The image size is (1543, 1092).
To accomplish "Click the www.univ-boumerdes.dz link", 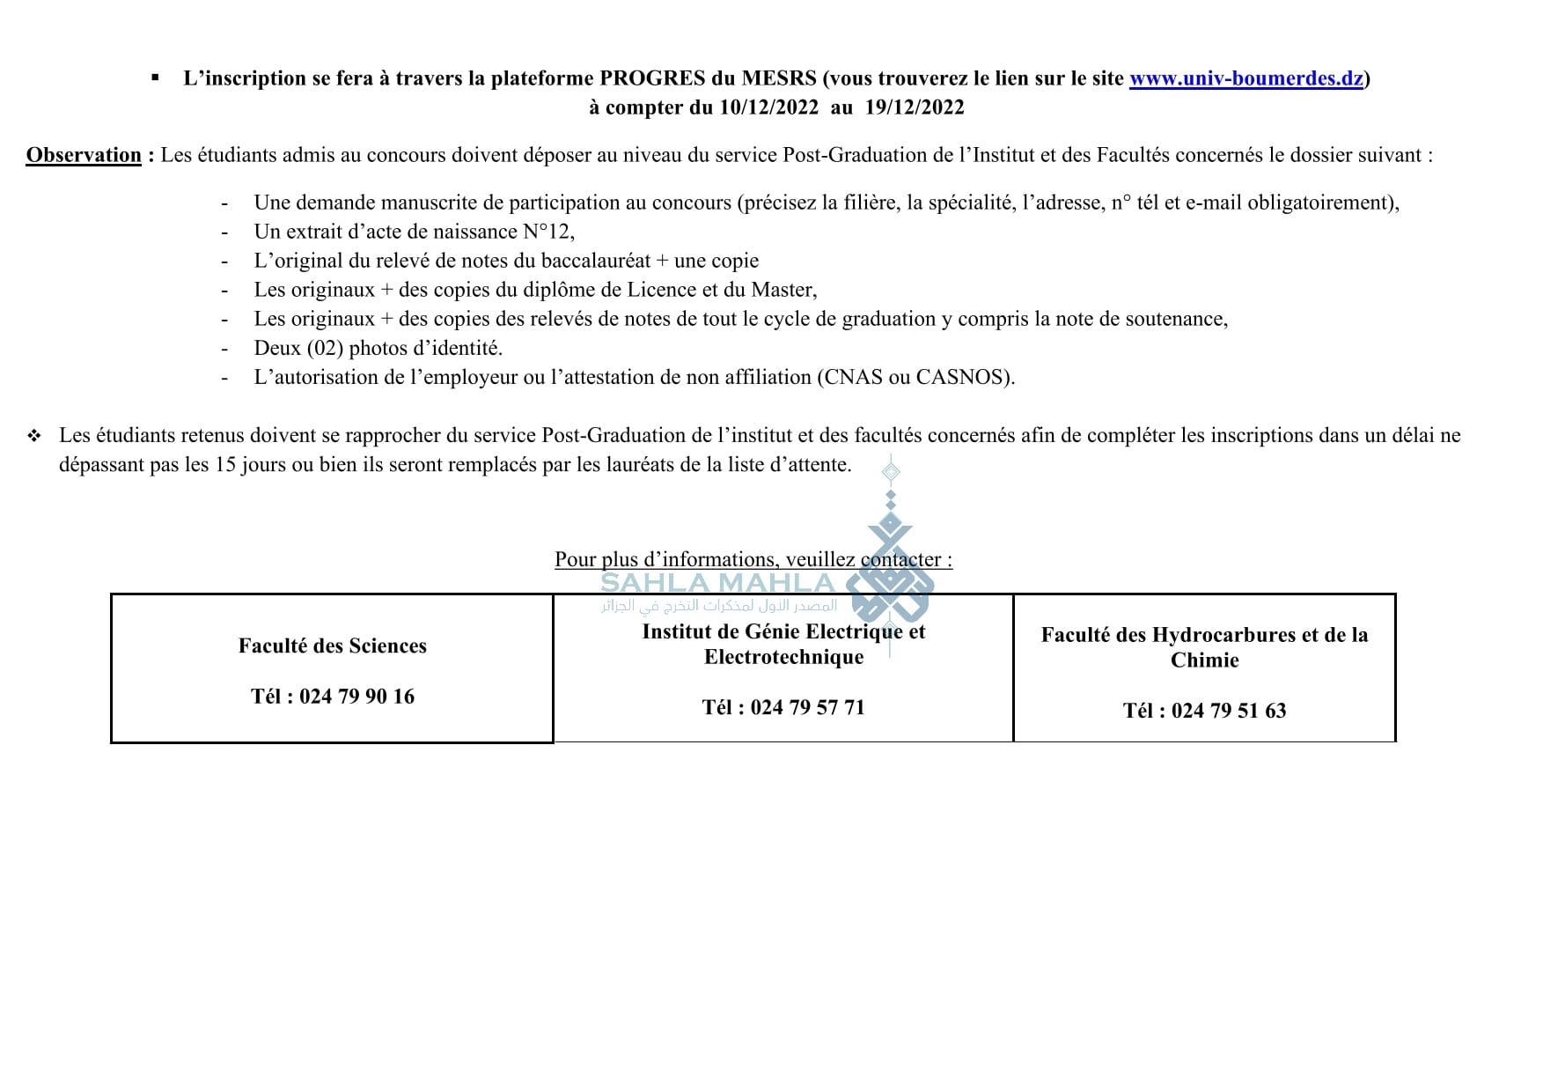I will coord(1245,78).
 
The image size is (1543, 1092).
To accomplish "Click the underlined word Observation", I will coord(84,155).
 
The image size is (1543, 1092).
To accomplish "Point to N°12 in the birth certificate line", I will coord(548,232).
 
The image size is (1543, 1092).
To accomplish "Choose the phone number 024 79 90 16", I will coord(356,697).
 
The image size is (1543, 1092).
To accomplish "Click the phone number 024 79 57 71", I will coord(807,707).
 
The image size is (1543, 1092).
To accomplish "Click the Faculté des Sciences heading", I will coord(333,646).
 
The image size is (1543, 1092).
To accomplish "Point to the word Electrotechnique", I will coord(783,657).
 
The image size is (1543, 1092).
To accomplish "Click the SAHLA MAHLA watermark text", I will coord(717,583).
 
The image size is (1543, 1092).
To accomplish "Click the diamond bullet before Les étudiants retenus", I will coord(34,436).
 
